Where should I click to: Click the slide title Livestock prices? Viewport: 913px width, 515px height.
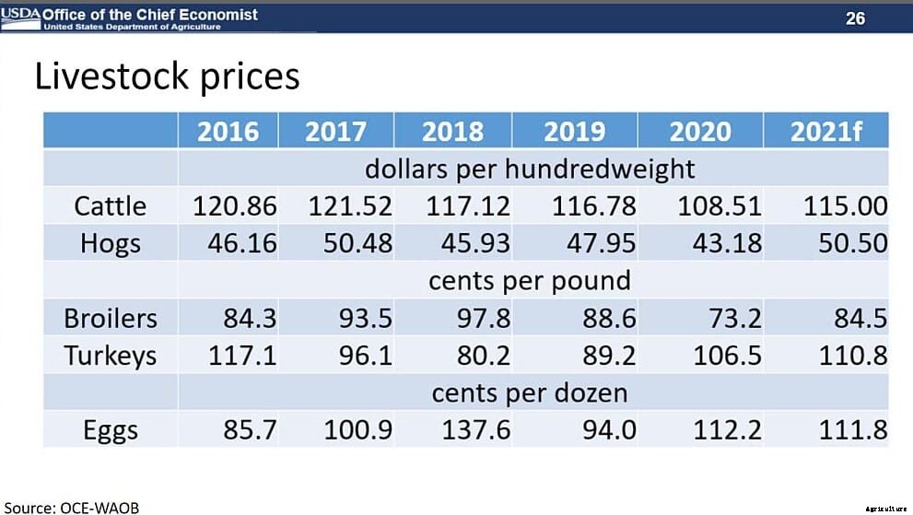click(x=167, y=76)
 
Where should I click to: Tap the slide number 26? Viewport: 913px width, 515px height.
click(x=855, y=18)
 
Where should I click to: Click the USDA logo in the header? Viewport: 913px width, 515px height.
click(x=20, y=15)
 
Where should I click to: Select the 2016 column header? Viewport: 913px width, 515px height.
click(x=228, y=132)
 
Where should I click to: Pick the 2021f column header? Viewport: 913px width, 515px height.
click(x=825, y=132)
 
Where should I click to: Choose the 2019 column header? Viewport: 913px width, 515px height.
click(x=574, y=132)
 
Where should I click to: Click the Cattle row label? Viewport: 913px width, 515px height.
click(x=110, y=205)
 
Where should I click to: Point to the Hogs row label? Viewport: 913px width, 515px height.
click(x=110, y=243)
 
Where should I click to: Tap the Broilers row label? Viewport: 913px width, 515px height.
click(x=110, y=318)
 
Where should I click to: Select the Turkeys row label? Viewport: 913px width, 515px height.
click(x=110, y=356)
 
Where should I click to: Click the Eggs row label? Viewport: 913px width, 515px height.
click(x=110, y=429)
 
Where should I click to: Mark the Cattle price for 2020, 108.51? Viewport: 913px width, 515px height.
click(x=720, y=205)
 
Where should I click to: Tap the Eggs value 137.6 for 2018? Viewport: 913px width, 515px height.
click(x=475, y=429)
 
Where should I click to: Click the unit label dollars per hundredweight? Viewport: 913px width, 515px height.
click(x=530, y=170)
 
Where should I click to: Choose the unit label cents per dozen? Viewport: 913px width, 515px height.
click(x=530, y=393)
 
